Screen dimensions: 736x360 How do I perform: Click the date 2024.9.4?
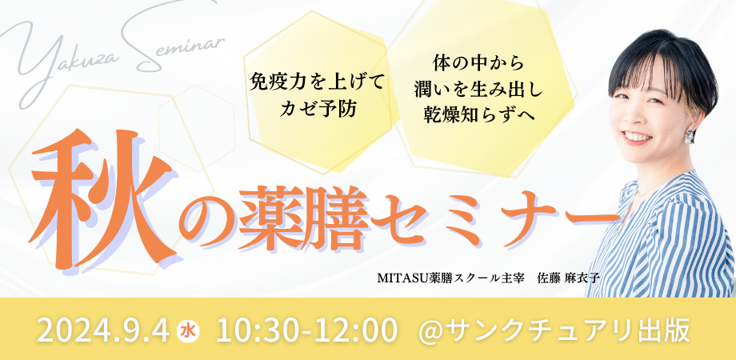click(x=102, y=330)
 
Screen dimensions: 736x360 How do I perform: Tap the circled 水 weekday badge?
click(x=188, y=330)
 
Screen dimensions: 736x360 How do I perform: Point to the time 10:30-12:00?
click(x=307, y=330)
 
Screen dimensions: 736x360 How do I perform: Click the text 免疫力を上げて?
click(x=317, y=86)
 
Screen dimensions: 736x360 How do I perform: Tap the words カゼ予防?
click(x=317, y=110)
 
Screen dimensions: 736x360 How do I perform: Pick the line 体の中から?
click(x=478, y=62)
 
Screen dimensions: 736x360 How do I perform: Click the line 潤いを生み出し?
click(x=478, y=87)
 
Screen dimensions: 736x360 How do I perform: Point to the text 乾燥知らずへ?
click(x=478, y=113)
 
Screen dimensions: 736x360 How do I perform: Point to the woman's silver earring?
click(x=690, y=134)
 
